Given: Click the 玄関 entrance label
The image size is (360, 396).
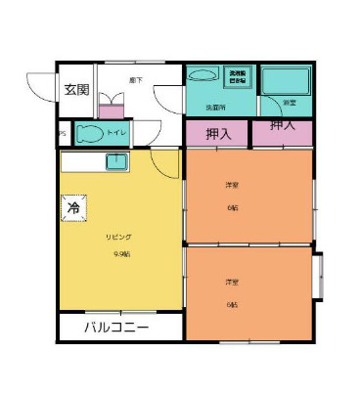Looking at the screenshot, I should pyautogui.click(x=77, y=90).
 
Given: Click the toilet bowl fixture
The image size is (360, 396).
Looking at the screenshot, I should pyautogui.click(x=90, y=134).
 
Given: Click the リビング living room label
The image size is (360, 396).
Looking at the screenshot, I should pyautogui.click(x=119, y=238).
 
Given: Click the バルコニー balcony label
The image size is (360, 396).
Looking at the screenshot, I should pyautogui.click(x=116, y=327).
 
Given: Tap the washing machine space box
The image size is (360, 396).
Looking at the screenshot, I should pyautogui.click(x=239, y=76).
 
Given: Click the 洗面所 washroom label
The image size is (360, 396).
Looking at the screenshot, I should pyautogui.click(x=215, y=106).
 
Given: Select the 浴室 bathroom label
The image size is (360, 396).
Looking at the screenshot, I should pyautogui.click(x=290, y=103).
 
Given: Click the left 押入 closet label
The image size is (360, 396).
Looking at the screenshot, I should pyautogui.click(x=219, y=132).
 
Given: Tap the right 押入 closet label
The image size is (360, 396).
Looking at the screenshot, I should pyautogui.click(x=284, y=126).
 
